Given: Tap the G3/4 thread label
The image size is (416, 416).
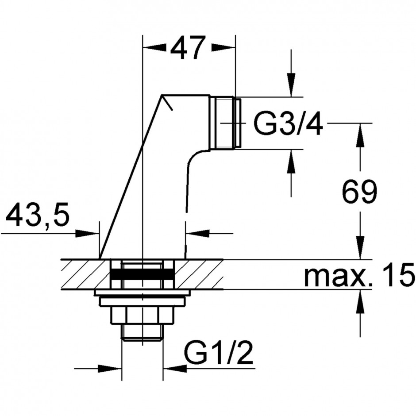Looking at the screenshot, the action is [x=288, y=123].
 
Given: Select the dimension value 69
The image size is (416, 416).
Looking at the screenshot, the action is [x=359, y=192].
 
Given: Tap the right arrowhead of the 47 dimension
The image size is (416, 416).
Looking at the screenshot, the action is [x=223, y=48].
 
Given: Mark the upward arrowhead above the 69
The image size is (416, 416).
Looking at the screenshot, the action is [x=361, y=135].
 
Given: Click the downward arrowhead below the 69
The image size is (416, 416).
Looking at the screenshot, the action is [x=361, y=247].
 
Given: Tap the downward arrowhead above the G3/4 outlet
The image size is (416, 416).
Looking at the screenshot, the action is [x=291, y=85].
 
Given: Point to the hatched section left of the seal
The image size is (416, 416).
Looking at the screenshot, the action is [x=85, y=274].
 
